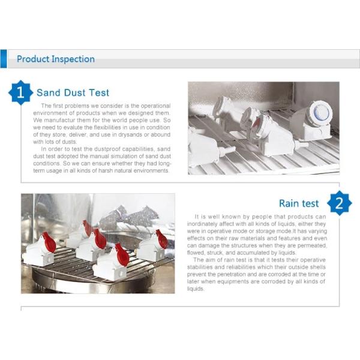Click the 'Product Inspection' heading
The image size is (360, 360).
click(x=56, y=59)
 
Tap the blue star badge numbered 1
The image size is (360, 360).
click(x=20, y=92)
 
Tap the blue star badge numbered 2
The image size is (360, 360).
click(x=340, y=203)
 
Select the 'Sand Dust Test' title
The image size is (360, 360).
click(x=73, y=93)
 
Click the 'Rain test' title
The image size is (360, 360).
click(x=299, y=203)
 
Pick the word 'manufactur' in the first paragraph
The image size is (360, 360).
click(x=59, y=120)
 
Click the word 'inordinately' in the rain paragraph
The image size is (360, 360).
click(x=203, y=224)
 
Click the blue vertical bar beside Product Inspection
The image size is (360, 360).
click(x=4, y=59)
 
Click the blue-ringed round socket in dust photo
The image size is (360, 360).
click(x=319, y=112)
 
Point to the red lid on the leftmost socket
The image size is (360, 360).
click(x=49, y=242)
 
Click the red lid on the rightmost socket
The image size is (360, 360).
click(x=161, y=239)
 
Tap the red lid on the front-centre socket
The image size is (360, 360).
click(x=122, y=254)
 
